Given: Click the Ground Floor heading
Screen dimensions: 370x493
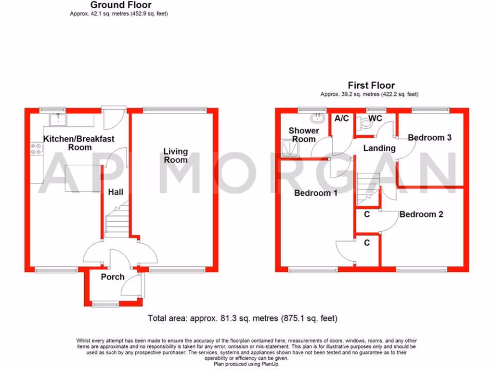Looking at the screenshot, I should point(121,5).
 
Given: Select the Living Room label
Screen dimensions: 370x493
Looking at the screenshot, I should point(175,156).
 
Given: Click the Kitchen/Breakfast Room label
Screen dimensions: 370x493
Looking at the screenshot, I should point(79,143).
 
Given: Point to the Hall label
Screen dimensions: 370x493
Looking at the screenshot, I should point(116,192).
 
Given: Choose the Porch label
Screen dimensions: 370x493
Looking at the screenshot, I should point(113,277).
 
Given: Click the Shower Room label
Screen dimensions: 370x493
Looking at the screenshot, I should point(304,135).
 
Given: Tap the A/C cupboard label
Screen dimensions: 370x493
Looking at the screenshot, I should point(341,119).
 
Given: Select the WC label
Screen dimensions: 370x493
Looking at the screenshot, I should point(375,118).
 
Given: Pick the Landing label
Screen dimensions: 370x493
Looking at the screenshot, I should point(379,148).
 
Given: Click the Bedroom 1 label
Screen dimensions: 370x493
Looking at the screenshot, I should point(316,194).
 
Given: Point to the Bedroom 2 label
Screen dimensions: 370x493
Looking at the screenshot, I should point(421,214).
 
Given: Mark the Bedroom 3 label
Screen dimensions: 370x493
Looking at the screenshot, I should point(429,138).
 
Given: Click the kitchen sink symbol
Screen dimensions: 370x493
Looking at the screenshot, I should point(58,119).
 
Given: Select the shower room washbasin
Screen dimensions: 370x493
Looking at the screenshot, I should point(318,118).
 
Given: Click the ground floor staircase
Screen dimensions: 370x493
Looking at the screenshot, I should point(117,219).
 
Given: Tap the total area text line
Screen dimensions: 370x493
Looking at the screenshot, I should point(243,318).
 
